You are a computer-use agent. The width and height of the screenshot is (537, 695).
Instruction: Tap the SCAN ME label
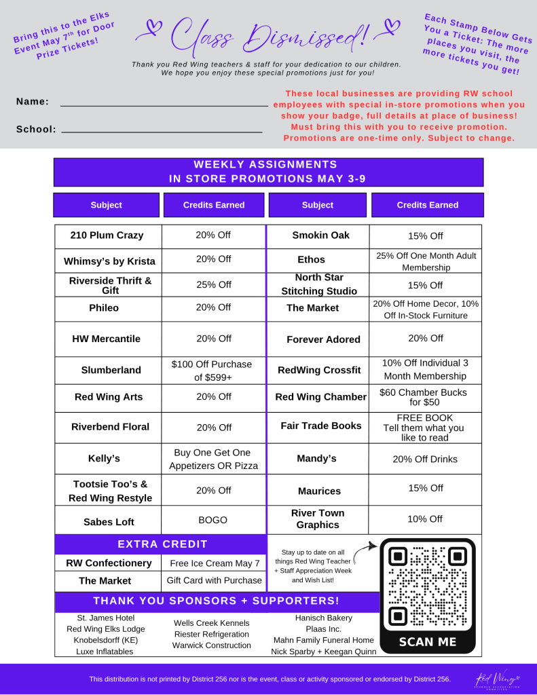tap(427, 641)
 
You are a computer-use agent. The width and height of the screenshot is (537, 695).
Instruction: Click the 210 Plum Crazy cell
tap(107, 236)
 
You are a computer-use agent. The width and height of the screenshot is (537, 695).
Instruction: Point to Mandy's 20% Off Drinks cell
tap(425, 459)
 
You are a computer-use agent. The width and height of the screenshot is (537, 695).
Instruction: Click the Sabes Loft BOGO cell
tap(212, 521)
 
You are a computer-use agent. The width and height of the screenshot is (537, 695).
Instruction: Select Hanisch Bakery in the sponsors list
tap(323, 618)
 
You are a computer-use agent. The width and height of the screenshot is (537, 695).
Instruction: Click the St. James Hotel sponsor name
tap(106, 618)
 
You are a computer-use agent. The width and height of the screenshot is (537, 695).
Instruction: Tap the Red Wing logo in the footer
tap(495, 679)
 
